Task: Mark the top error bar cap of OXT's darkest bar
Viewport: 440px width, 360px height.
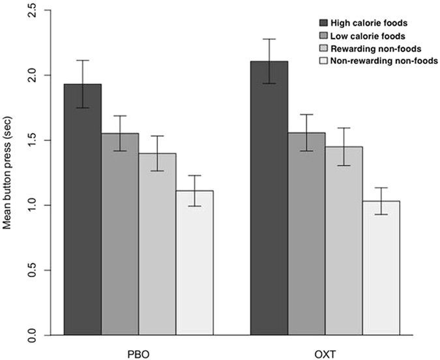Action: pyautogui.click(x=269, y=39)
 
